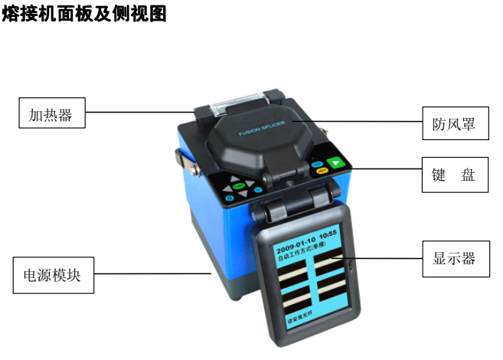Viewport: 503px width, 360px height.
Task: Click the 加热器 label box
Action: point(51,115)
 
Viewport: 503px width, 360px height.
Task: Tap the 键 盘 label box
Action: point(454,175)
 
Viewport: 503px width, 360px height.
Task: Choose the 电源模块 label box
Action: point(53,276)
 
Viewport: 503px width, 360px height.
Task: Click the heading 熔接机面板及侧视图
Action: point(84,14)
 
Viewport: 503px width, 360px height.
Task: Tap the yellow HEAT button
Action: point(322,171)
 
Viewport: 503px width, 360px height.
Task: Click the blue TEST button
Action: point(316,164)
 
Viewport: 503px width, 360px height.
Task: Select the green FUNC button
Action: point(240,187)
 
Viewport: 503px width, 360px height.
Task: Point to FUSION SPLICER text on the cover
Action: point(262,133)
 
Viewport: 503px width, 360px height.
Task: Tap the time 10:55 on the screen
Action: point(328,250)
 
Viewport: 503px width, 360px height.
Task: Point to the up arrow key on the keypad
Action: point(235,178)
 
